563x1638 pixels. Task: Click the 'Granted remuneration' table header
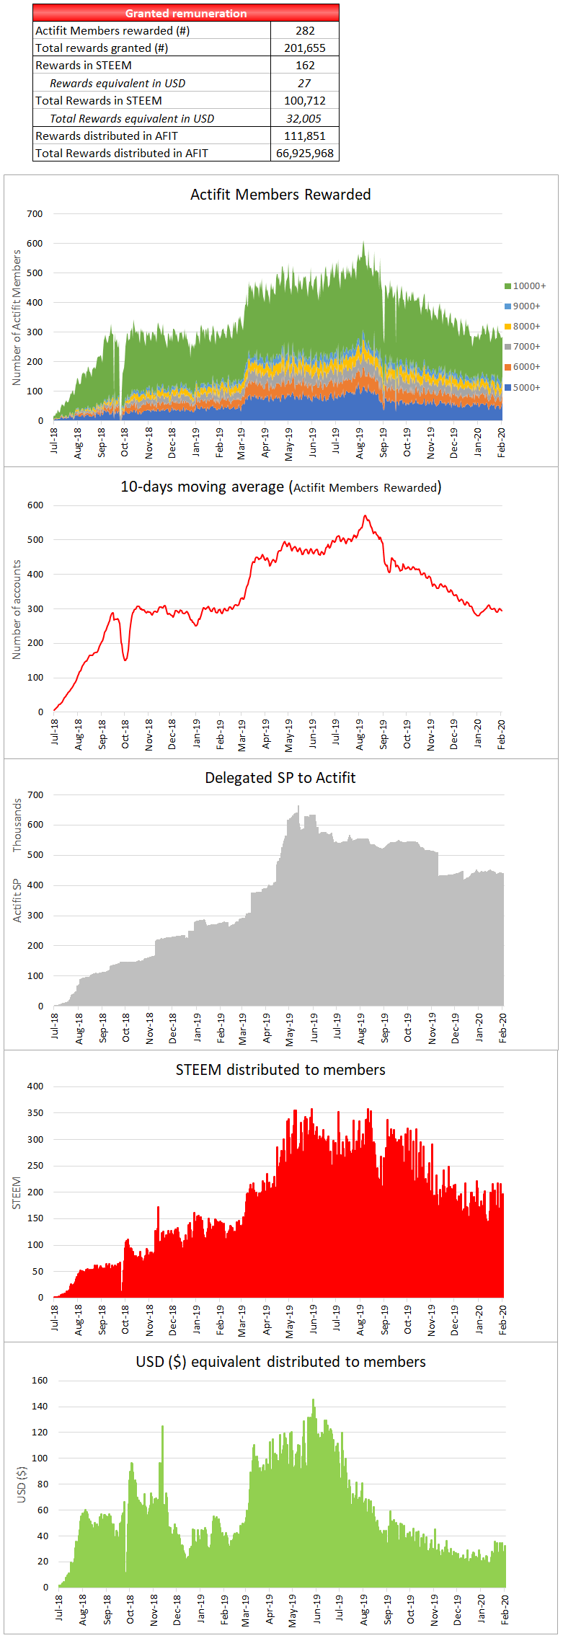click(x=186, y=13)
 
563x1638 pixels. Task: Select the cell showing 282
click(x=305, y=30)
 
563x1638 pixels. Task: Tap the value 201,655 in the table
click(x=305, y=48)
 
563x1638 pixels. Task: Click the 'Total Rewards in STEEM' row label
click(x=99, y=101)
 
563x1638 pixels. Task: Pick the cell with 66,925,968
click(x=305, y=154)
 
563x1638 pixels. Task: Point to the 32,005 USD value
click(x=304, y=118)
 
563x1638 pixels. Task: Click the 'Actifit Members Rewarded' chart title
click(x=280, y=195)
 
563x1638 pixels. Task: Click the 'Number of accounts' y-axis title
click(x=17, y=610)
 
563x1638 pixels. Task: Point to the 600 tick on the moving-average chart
click(x=35, y=505)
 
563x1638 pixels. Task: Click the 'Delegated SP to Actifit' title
click(x=280, y=778)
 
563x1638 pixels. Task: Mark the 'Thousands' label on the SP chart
click(x=17, y=825)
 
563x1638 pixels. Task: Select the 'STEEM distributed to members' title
click(x=280, y=1070)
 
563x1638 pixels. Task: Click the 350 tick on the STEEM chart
click(x=35, y=1113)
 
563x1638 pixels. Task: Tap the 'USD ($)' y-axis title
click(x=22, y=1482)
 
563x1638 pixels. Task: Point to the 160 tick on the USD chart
click(x=40, y=1381)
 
